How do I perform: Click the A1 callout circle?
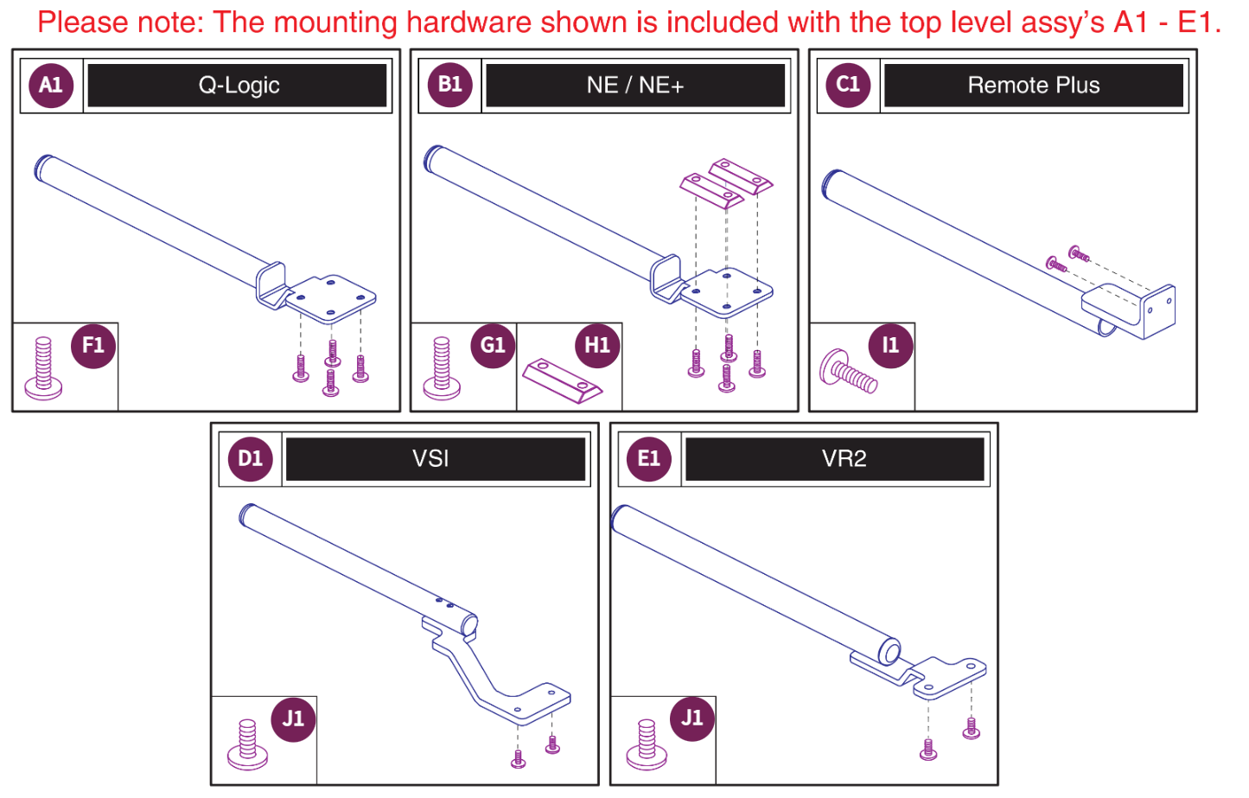(51, 85)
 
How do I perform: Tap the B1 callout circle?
(449, 85)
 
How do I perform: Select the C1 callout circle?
(848, 85)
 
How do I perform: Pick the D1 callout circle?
(250, 458)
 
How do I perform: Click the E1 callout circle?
(648, 458)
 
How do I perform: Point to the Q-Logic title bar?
(238, 86)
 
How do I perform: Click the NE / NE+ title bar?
(635, 86)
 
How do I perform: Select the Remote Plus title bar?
(1034, 86)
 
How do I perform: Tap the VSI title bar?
(436, 459)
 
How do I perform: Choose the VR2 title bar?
(834, 459)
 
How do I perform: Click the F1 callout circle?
(93, 346)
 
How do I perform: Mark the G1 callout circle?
(493, 346)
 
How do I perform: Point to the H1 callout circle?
(597, 346)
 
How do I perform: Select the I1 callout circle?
(890, 346)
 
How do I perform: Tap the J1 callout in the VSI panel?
(293, 718)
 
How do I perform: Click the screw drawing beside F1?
(43, 368)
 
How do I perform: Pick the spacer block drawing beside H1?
(563, 380)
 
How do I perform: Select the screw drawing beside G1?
(442, 368)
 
